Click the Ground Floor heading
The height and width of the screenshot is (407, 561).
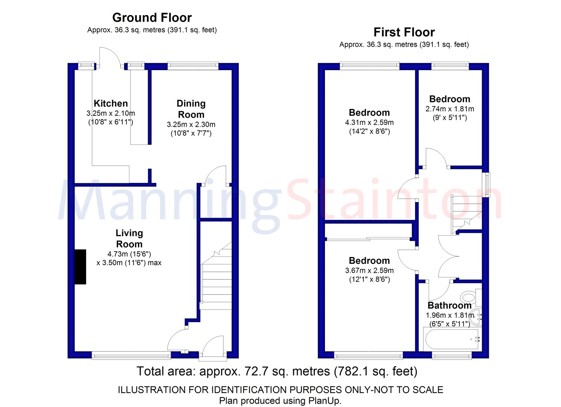tap(152, 18)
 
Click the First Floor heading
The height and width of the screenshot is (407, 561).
tap(404, 32)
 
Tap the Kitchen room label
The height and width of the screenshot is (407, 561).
tap(111, 103)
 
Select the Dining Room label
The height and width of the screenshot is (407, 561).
tap(191, 109)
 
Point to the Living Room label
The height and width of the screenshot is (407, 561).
tap(129, 239)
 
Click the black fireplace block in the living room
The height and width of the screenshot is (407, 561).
tap(80, 267)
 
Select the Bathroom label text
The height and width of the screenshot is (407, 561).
tap(450, 305)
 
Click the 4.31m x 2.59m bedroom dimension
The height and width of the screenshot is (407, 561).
tap(369, 122)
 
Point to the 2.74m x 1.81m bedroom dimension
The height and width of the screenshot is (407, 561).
tap(450, 109)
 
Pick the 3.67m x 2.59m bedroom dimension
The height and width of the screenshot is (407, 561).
tap(369, 270)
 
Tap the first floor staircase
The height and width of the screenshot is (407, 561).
tap(466, 214)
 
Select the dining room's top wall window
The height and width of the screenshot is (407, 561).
tap(193, 66)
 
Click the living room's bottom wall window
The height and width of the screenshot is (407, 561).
tap(131, 355)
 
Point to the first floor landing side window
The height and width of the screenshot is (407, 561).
tap(486, 185)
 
